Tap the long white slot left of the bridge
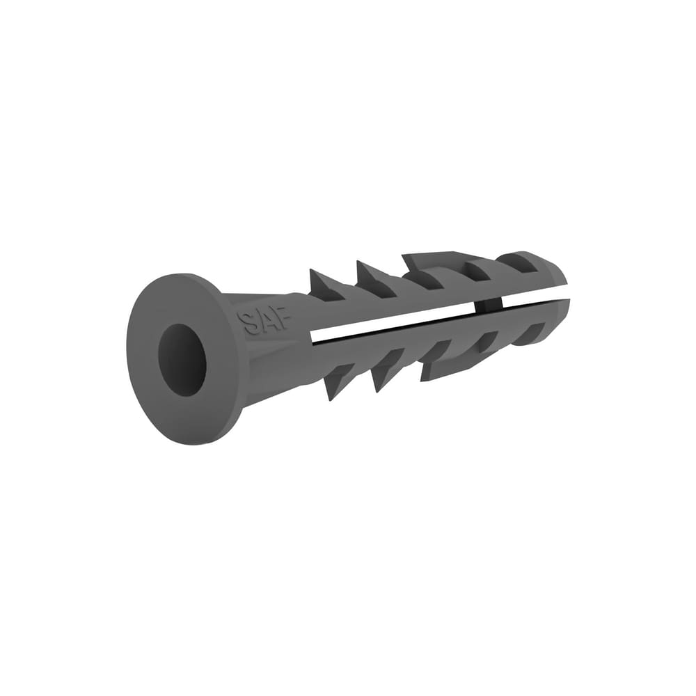coord(397,321)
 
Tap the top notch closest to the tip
coord(519,263)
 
